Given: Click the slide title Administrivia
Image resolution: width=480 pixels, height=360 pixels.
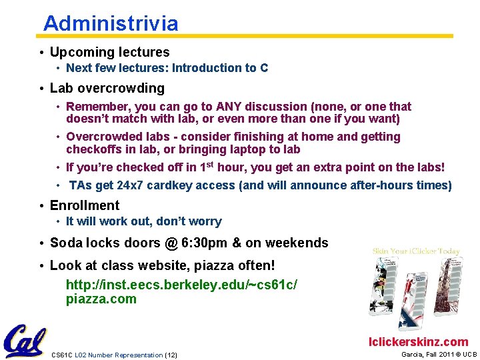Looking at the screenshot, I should point(111,24).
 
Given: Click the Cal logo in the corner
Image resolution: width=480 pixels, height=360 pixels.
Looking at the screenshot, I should point(25,341).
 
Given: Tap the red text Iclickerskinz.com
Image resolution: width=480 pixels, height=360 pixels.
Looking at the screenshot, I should point(419,342).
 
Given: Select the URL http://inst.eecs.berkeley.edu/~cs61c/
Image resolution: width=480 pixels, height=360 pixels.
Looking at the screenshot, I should point(181,285).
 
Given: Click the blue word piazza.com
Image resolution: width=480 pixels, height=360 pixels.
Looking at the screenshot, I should point(101,299).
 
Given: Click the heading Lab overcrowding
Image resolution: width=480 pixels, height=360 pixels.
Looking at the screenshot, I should point(107,88).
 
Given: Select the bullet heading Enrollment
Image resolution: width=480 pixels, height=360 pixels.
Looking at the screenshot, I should point(85,205).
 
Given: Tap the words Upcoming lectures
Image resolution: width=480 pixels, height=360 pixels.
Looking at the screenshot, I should point(109,52).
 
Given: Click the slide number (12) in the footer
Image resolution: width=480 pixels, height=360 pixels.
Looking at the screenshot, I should point(171,355).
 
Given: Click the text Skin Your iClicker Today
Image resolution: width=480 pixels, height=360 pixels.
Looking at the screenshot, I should point(416,251).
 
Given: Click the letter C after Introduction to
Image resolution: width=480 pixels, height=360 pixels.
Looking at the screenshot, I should point(264,68).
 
